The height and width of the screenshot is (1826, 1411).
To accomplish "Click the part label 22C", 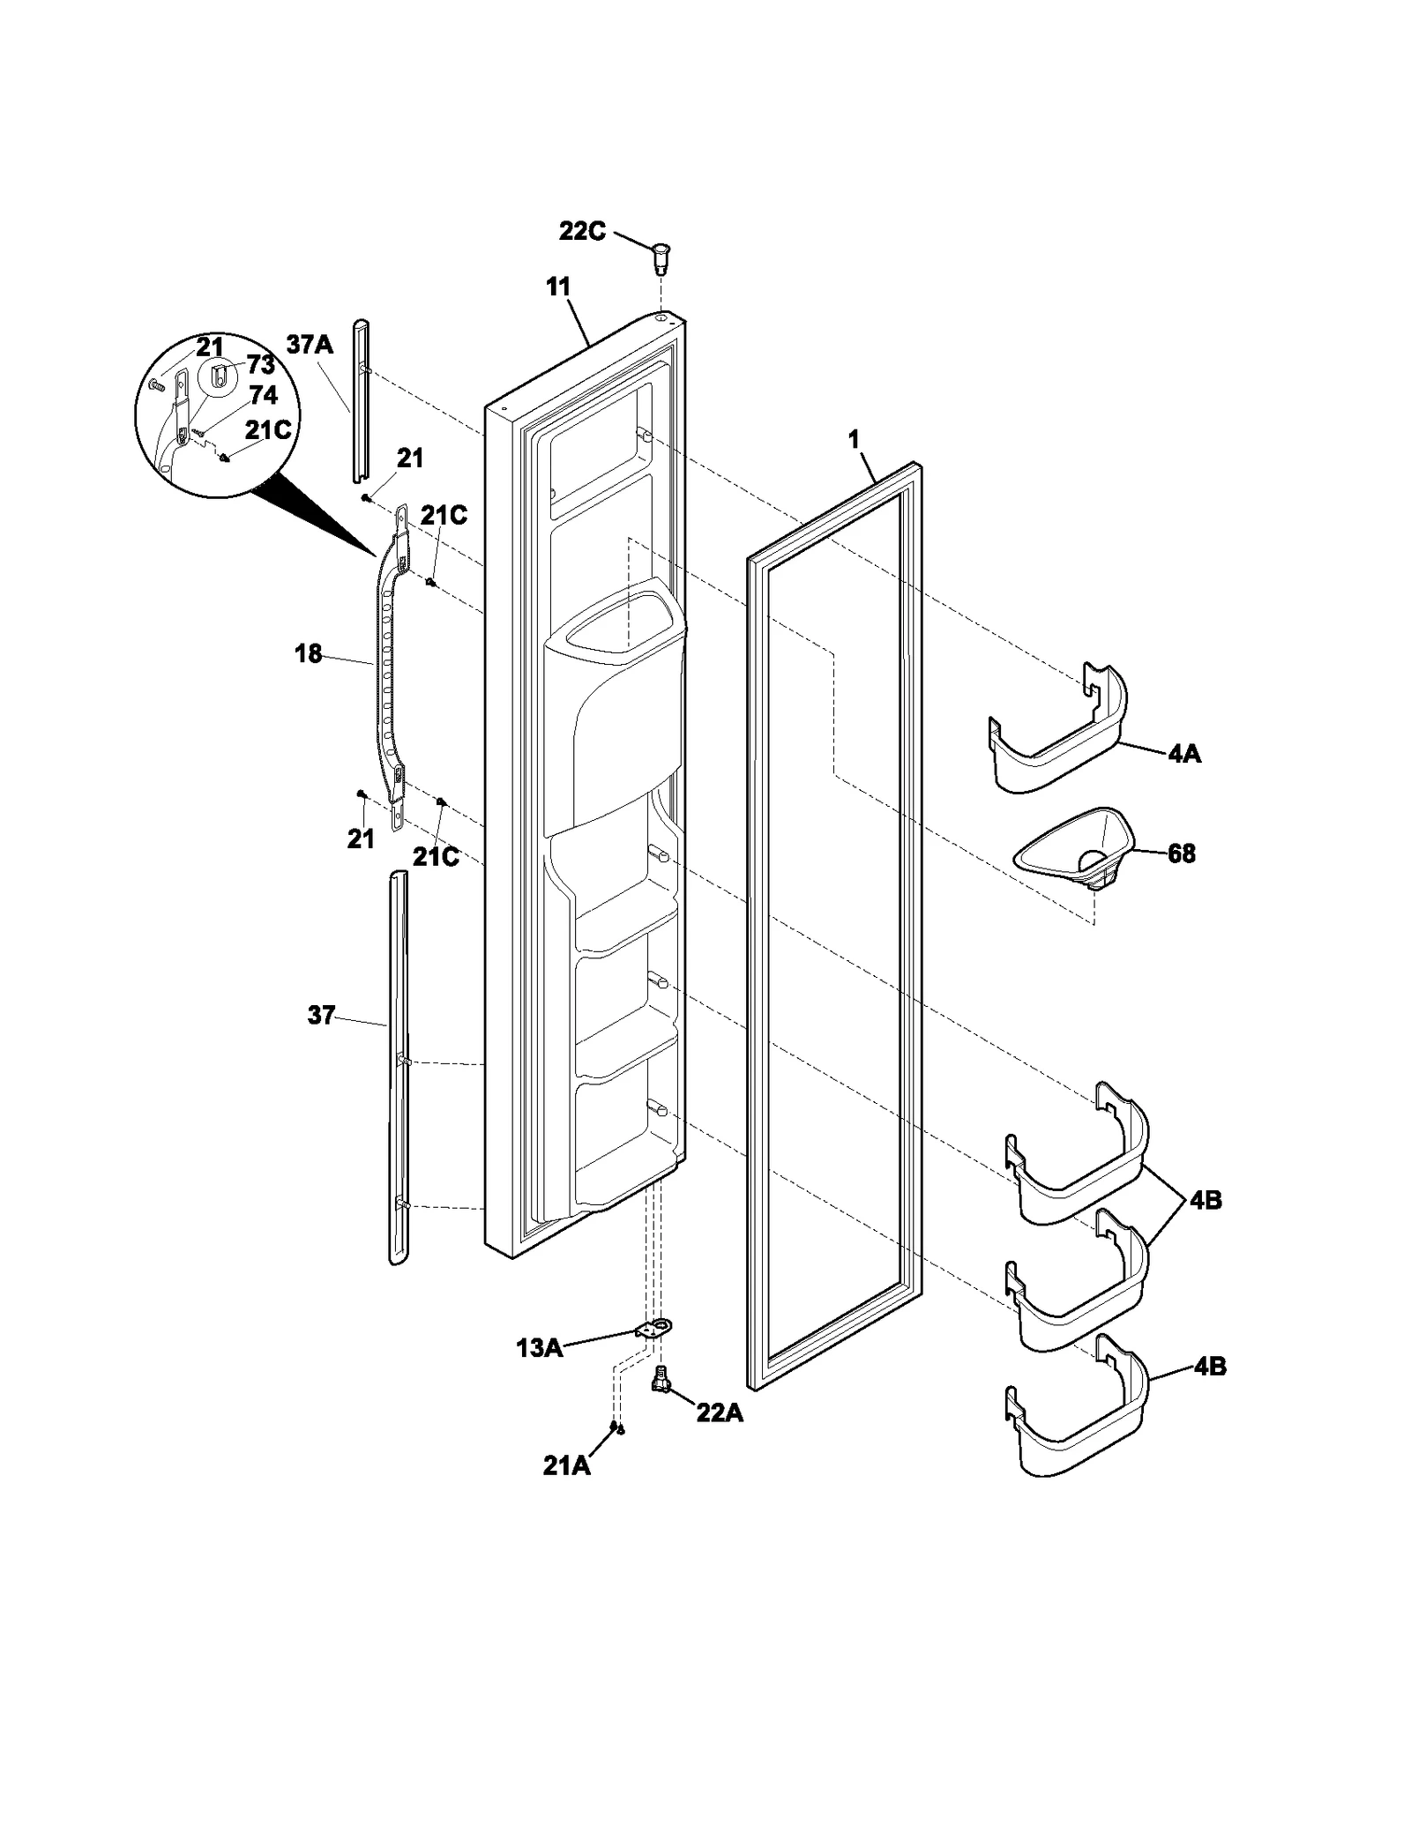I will (x=582, y=232).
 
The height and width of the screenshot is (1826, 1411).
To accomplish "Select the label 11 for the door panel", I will (x=558, y=287).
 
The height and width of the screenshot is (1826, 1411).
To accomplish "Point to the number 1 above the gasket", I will (x=854, y=440).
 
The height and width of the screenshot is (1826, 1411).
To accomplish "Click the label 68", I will (x=1182, y=853).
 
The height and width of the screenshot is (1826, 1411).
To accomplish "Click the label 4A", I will (x=1184, y=754).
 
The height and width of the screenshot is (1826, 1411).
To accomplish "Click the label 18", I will (x=308, y=654).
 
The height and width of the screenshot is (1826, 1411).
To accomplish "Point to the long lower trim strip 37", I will (x=399, y=1067).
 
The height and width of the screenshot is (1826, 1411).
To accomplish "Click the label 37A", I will (x=310, y=344).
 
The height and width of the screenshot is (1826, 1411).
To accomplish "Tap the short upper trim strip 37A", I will (x=360, y=401).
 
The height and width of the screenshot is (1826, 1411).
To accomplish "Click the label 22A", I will (x=720, y=1413).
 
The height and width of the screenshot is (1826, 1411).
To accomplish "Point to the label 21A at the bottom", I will (x=566, y=1465).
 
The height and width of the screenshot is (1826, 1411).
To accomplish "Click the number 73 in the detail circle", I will (x=261, y=365).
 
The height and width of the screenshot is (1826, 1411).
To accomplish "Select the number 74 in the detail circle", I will (x=263, y=395).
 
